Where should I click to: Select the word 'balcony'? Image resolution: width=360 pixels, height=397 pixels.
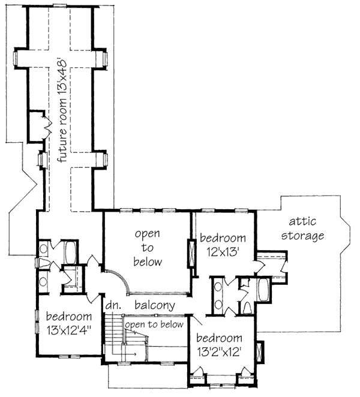click(x=154, y=305)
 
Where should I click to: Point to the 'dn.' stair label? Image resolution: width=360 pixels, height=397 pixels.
click(x=113, y=305)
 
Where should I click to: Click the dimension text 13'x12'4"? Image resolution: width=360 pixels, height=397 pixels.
click(x=68, y=329)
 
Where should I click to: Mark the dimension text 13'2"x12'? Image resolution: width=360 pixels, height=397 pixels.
click(x=218, y=351)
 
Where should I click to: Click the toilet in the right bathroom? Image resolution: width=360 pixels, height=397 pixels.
click(x=247, y=308)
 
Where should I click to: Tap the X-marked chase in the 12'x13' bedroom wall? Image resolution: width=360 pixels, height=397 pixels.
click(x=192, y=252)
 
